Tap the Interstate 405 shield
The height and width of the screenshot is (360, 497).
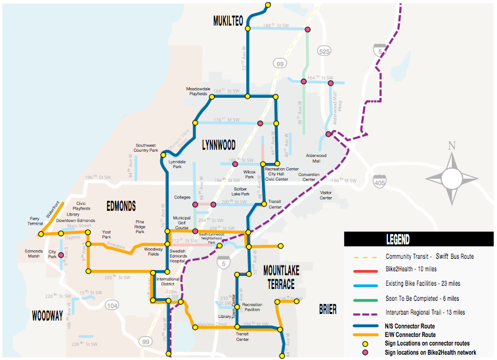coord(379,181)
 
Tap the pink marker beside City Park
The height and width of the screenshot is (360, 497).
coord(62,255)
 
